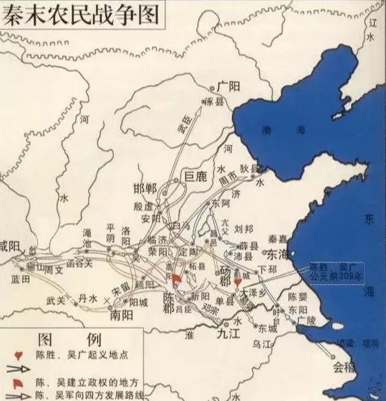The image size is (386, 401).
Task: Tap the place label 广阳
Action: point(228,86)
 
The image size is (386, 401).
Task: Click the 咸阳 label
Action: point(9,247)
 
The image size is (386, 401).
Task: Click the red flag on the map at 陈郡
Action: point(176,280)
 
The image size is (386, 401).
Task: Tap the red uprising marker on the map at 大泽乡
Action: point(238,283)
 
